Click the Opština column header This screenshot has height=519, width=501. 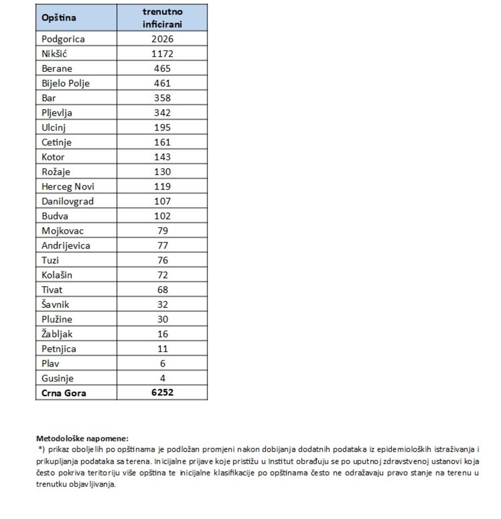point(59,18)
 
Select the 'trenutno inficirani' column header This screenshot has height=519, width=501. point(162,18)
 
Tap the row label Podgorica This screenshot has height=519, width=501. point(63,39)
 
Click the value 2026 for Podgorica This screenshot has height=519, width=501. point(162,39)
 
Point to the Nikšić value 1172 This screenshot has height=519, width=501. point(162,54)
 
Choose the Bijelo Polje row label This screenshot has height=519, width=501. point(66,83)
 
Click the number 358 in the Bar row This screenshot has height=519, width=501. point(162,98)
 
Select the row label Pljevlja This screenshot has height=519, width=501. point(57,113)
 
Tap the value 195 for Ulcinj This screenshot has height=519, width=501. point(162,127)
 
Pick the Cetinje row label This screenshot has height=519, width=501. point(57,142)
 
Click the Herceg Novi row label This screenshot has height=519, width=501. point(68,187)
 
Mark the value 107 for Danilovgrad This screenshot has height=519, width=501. point(162,201)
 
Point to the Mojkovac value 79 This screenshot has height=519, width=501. point(162,231)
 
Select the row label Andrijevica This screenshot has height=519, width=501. point(66,246)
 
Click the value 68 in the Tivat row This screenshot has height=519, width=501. point(162,290)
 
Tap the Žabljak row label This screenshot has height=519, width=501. point(58,334)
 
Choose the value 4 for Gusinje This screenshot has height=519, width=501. point(162,378)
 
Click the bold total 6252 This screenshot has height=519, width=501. point(162,393)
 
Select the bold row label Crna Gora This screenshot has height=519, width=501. point(64,393)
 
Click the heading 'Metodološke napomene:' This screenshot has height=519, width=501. point(82,438)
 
